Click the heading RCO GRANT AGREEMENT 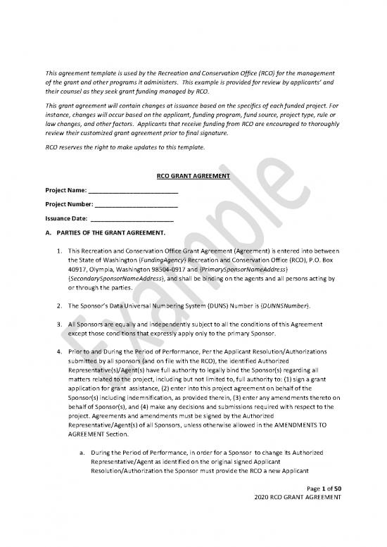click(x=193, y=177)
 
